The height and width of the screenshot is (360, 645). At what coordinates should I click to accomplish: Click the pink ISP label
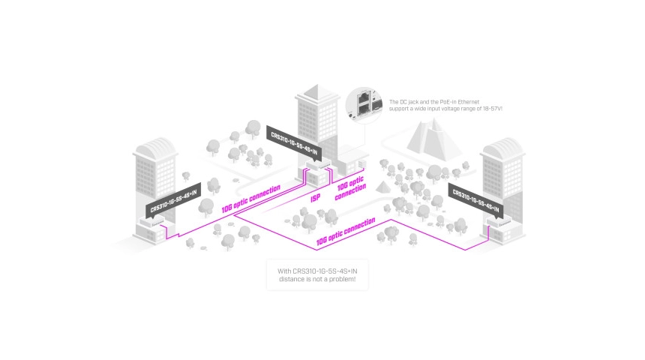pos(316,199)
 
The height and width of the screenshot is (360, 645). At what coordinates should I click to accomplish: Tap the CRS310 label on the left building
pos(173,197)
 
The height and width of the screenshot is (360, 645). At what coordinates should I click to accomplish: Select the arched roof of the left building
pos(154,145)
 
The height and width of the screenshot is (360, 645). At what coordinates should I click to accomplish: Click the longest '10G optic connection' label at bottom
pos(346,232)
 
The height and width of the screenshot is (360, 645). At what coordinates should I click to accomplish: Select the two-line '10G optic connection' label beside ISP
pos(350,188)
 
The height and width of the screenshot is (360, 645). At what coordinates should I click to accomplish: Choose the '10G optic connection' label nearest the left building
pos(251,199)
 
